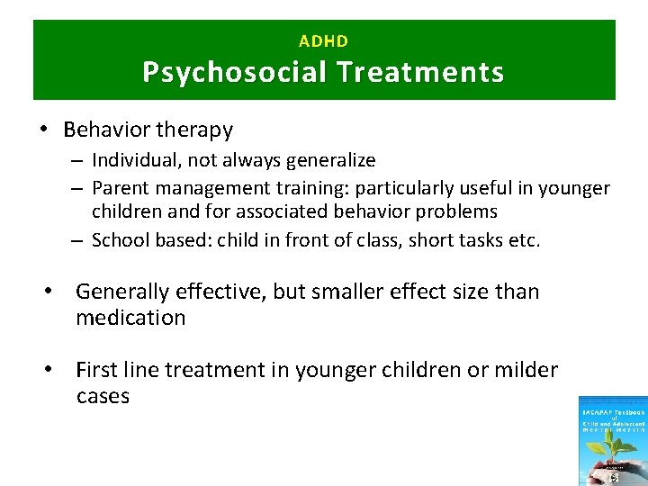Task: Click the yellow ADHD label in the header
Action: [x=323, y=40]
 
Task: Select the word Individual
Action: [x=130, y=160]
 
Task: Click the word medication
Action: [x=130, y=318]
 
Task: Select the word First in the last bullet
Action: [x=97, y=370]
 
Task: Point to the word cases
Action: [x=103, y=396]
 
